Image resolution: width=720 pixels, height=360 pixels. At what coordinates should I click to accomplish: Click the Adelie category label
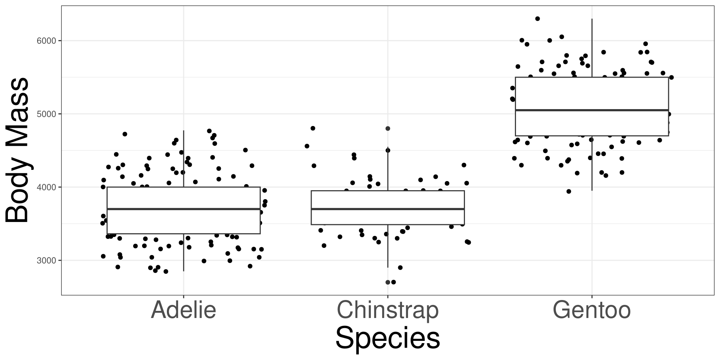183,310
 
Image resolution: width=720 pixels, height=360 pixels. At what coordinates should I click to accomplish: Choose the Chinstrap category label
387,310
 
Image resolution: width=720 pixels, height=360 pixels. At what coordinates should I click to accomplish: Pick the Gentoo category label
591,310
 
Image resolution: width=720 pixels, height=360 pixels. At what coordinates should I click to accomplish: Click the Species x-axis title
387,338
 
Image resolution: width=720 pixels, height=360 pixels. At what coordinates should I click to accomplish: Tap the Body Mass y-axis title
18,150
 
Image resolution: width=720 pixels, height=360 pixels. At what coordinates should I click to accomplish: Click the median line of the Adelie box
183,209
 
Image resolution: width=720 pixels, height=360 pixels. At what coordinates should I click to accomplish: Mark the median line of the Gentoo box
592,110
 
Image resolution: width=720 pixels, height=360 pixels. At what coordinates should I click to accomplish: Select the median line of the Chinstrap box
387,209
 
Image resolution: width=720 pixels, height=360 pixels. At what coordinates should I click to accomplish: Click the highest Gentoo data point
537,18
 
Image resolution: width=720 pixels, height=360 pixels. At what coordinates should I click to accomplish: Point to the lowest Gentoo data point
568,191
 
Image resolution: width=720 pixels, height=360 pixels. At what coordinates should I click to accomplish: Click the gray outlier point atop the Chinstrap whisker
388,128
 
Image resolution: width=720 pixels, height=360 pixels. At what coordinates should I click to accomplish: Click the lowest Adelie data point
166,271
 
